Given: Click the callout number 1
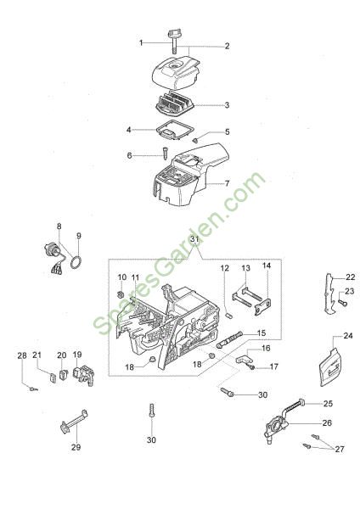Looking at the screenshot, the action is point(141,42).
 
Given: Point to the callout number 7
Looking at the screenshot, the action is point(227,183).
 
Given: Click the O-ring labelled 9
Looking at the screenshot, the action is point(76,262).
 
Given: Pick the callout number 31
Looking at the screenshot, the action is point(194,239).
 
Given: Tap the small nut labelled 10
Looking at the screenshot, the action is point(120,294).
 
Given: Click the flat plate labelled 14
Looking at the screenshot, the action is point(263,307).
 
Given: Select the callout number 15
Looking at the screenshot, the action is point(262,333).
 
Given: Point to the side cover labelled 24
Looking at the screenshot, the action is point(329,366).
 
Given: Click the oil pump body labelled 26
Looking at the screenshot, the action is point(276,428).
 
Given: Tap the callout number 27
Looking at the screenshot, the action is point(340,449).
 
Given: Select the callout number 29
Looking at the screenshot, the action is point(76,447).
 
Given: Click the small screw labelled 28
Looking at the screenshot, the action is point(33,389).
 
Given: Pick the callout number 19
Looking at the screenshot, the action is point(77,354).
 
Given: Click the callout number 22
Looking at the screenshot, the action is point(351,277).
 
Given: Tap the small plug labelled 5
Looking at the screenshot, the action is point(195,140).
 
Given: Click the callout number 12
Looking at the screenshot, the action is point(224,268).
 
